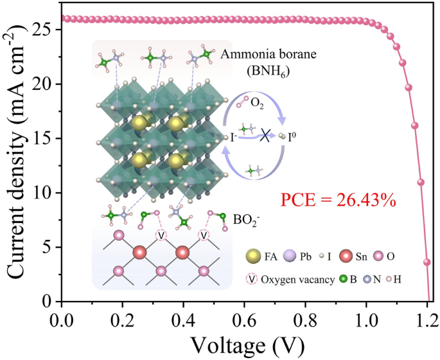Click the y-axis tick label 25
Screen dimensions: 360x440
pos(44,30)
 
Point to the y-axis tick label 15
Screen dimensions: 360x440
pos(44,138)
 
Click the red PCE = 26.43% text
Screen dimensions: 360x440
pos(337,201)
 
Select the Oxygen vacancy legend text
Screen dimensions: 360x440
pos(312,280)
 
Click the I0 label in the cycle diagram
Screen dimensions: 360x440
pos(295,136)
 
